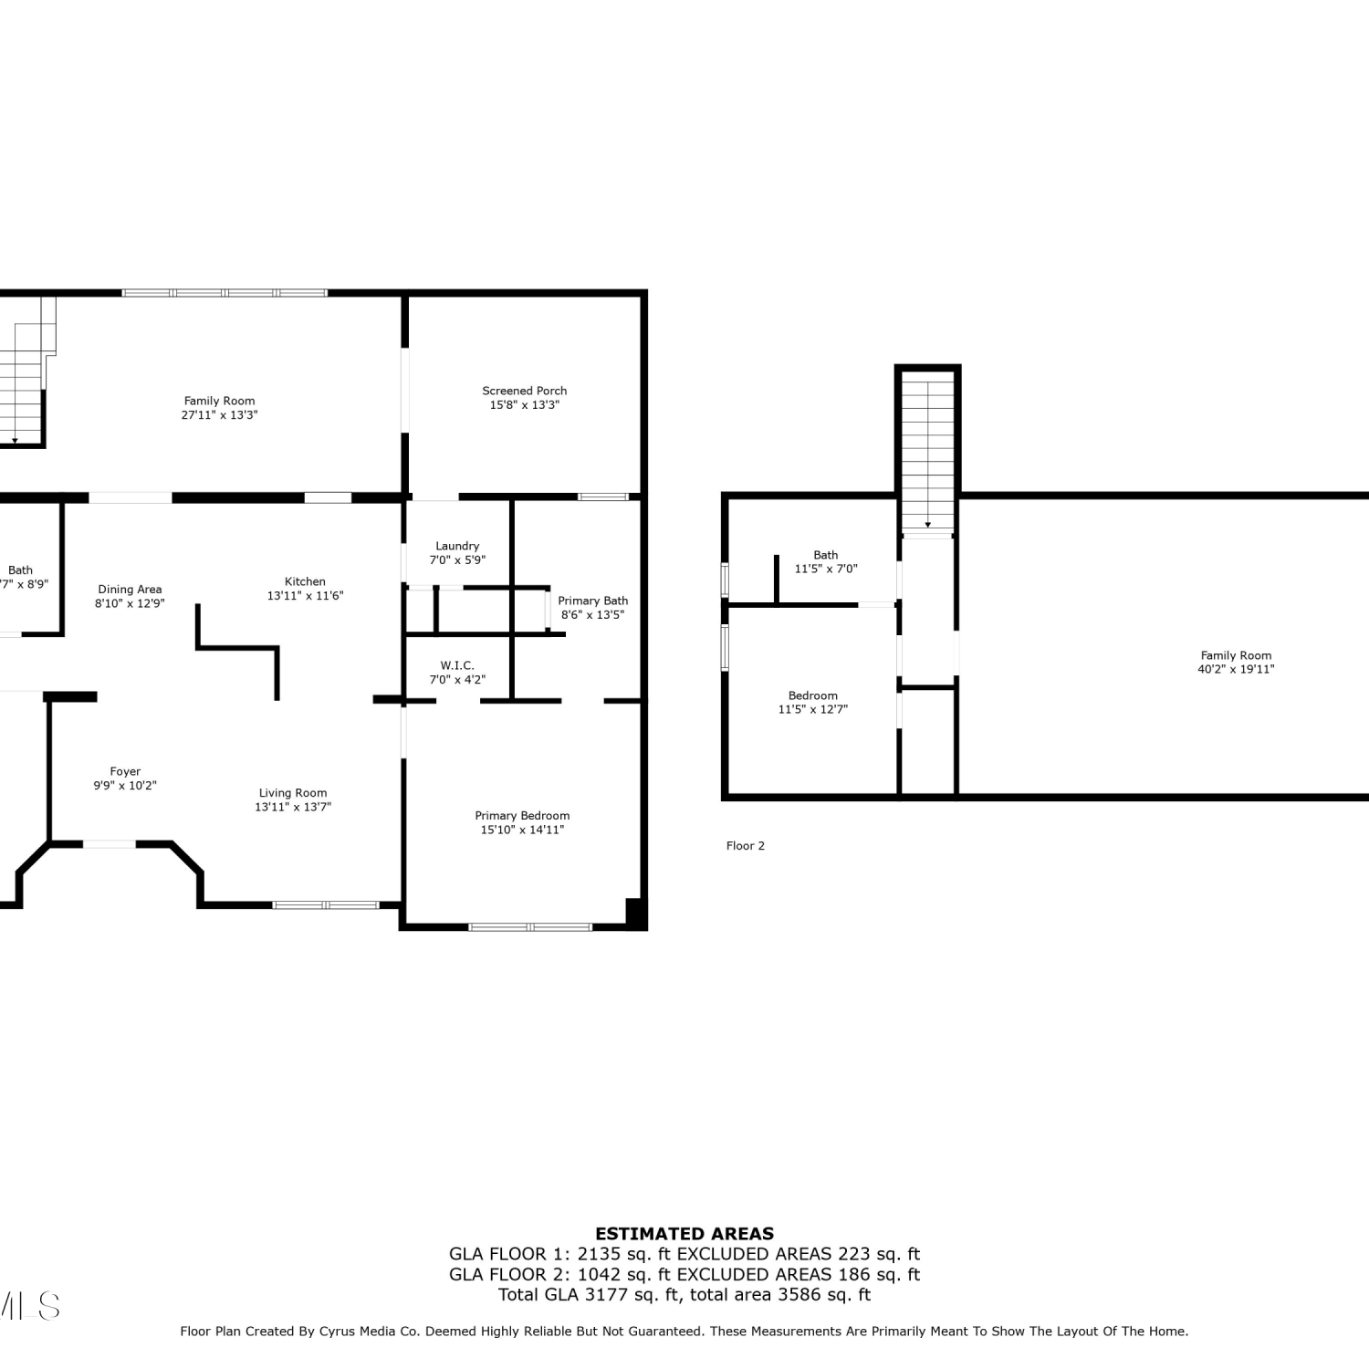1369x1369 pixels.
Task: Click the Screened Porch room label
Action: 525,391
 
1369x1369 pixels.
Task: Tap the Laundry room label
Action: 457,546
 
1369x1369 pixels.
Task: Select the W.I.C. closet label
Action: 457,665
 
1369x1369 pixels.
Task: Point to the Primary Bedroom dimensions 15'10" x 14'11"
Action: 522,830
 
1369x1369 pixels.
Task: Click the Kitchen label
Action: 305,581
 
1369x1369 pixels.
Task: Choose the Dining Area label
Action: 130,590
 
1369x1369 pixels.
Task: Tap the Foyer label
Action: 125,771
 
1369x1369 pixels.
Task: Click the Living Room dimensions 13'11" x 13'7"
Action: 293,807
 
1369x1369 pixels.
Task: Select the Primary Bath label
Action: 593,601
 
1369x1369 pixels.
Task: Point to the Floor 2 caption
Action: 746,846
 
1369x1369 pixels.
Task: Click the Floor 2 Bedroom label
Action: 813,695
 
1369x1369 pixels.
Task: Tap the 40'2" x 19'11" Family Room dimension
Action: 1236,669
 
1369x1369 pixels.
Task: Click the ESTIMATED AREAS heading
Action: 684,1234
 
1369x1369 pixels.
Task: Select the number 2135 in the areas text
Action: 597,1254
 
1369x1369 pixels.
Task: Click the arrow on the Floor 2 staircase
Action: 928,523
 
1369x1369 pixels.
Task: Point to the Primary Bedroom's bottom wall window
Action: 530,927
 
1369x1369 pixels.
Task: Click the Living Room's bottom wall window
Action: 326,905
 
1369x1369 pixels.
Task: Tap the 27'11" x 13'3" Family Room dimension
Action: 219,414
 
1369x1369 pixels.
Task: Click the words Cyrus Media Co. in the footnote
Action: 369,1332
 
